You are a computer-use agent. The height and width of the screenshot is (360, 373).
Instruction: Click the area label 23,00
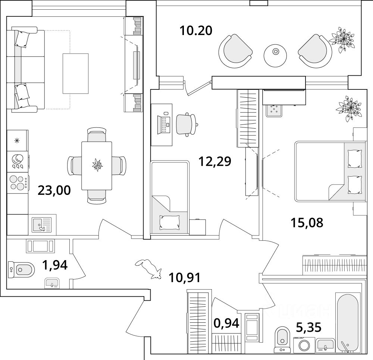point(54,190)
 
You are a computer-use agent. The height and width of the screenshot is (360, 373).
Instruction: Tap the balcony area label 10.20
point(196,30)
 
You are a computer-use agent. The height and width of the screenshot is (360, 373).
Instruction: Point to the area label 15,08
point(307,222)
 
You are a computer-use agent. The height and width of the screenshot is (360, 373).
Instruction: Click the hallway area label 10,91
point(185,277)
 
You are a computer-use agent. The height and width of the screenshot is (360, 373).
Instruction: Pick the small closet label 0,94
point(226,322)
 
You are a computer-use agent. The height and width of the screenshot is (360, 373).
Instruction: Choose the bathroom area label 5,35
point(308,328)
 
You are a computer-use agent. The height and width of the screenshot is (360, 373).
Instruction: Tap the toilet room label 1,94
point(54,265)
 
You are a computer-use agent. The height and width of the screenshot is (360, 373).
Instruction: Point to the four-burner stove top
point(18,183)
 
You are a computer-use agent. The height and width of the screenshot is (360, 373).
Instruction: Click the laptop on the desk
point(164,124)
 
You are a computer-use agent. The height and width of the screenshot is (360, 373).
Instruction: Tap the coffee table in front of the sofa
point(75,73)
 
